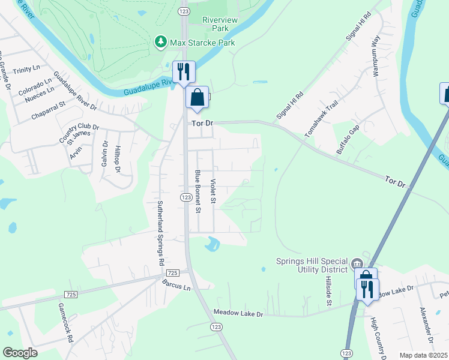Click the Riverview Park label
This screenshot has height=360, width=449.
[220, 24]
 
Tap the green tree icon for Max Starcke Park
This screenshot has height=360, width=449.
[160, 42]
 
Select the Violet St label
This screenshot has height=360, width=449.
[212, 190]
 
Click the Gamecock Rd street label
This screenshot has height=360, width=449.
[65, 322]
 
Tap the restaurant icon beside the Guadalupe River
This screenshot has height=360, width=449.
[183, 72]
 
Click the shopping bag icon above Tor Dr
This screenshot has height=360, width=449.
[197, 97]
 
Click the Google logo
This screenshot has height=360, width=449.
[20, 352]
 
